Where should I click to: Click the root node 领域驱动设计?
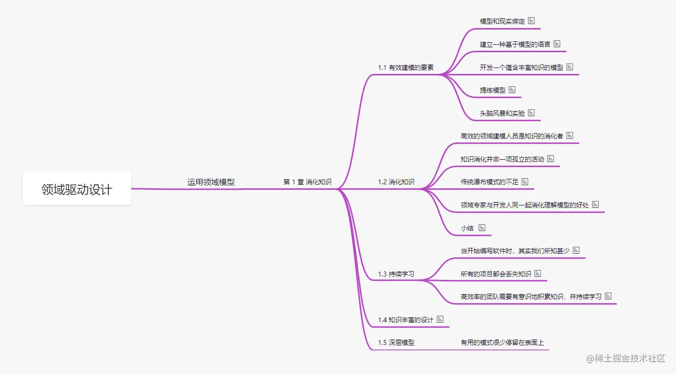click(77, 189)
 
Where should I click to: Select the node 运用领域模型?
click(211, 182)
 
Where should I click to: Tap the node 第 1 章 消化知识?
click(307, 182)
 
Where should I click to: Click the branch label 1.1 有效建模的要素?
click(406, 68)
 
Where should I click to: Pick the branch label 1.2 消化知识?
click(396, 182)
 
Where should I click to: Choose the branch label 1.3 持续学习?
click(396, 274)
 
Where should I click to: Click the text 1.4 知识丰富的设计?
click(405, 320)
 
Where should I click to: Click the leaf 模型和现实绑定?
click(502, 21)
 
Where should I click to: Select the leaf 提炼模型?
click(493, 90)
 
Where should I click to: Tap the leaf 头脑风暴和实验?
click(502, 113)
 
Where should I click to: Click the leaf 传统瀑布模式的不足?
click(490, 182)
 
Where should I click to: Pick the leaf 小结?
click(467, 228)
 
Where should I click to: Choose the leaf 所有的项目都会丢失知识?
click(496, 273)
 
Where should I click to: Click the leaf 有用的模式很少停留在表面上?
click(502, 342)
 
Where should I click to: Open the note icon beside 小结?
click(482, 228)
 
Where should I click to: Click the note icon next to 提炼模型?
click(512, 90)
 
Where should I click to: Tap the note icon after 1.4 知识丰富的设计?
click(440, 319)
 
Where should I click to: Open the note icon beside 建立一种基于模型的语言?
click(557, 44)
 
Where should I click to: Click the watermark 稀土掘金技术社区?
click(626, 359)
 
